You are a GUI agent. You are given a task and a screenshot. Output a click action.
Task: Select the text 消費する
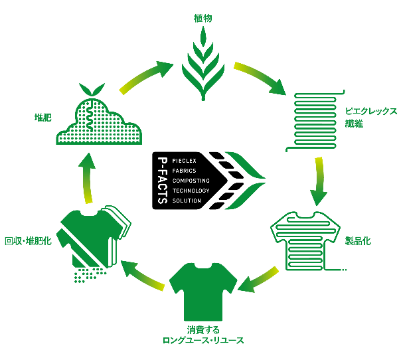pos(203,329)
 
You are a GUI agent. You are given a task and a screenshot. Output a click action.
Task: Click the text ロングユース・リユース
pos(203,341)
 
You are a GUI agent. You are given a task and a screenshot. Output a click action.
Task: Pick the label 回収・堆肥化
pos(29,240)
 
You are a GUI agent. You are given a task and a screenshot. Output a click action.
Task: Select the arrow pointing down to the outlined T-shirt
pos(319,181)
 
